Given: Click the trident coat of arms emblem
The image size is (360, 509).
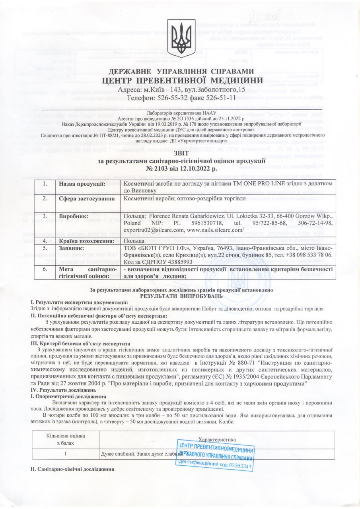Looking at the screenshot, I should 180,33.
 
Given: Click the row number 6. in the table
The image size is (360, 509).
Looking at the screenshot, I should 45,268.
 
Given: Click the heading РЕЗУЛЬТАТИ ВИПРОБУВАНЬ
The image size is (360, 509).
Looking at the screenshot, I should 181,296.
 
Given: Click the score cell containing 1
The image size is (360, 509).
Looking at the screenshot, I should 64,454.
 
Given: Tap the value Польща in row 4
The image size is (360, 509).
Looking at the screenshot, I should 134,241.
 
